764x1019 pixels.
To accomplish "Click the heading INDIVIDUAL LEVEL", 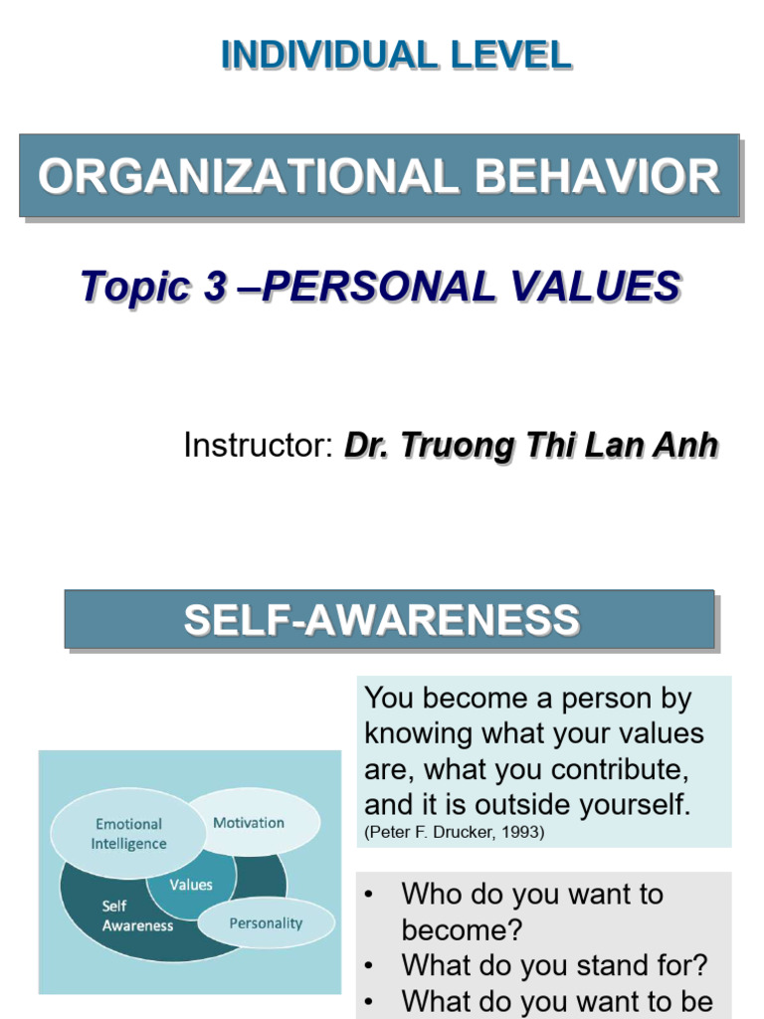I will (396, 55).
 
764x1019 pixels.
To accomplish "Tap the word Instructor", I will (257, 446).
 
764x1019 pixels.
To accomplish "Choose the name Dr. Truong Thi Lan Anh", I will (530, 446).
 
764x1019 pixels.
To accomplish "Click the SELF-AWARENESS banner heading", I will (381, 620).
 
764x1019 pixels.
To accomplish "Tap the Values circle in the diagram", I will (191, 885).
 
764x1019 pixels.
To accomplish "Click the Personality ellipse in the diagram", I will (266, 923).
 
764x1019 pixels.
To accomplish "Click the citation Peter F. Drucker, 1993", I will (455, 833).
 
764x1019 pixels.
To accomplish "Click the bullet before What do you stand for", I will (369, 965).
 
